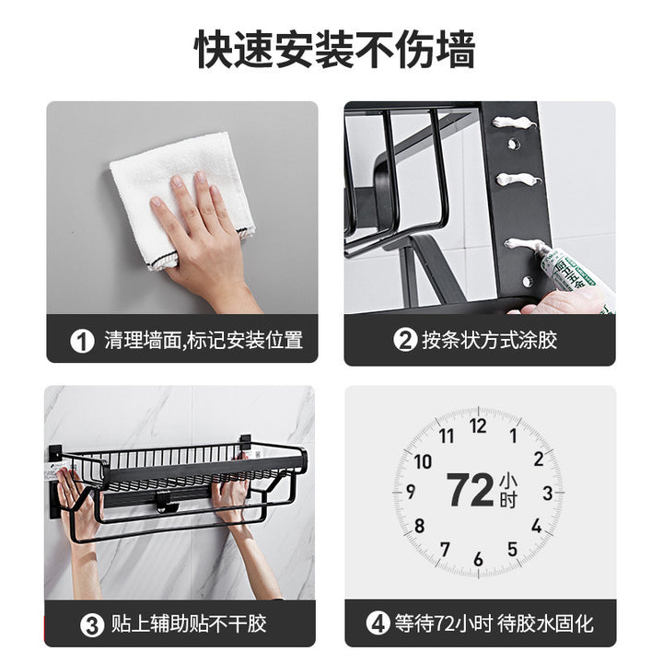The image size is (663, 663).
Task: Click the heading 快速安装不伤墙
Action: pyautogui.click(x=335, y=49)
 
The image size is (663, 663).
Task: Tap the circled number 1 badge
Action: pyautogui.click(x=82, y=341)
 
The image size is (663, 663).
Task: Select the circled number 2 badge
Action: pyautogui.click(x=405, y=340)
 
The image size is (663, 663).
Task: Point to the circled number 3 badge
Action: pyautogui.click(x=92, y=625)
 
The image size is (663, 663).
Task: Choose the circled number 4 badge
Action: pyautogui.click(x=378, y=623)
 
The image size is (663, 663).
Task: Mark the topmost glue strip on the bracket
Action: pyautogui.click(x=514, y=123)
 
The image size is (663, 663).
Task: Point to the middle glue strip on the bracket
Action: pyautogui.click(x=518, y=179)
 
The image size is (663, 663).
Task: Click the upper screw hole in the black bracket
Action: pyautogui.click(x=514, y=144)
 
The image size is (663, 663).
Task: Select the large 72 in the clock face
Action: pyautogui.click(x=471, y=490)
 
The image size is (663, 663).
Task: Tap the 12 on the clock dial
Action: pyautogui.click(x=478, y=426)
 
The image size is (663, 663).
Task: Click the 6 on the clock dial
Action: pyautogui.click(x=478, y=559)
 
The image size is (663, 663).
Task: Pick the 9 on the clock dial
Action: pyautogui.click(x=411, y=492)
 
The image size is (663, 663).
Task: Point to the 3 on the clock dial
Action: pyautogui.click(x=548, y=493)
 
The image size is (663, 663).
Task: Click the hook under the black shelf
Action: pyautogui.click(x=167, y=503)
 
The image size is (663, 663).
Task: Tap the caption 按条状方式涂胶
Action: pyautogui.click(x=489, y=340)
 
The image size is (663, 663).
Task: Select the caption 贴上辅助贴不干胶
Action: pyautogui.click(x=189, y=624)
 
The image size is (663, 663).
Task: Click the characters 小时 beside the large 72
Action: pyautogui.click(x=507, y=491)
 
